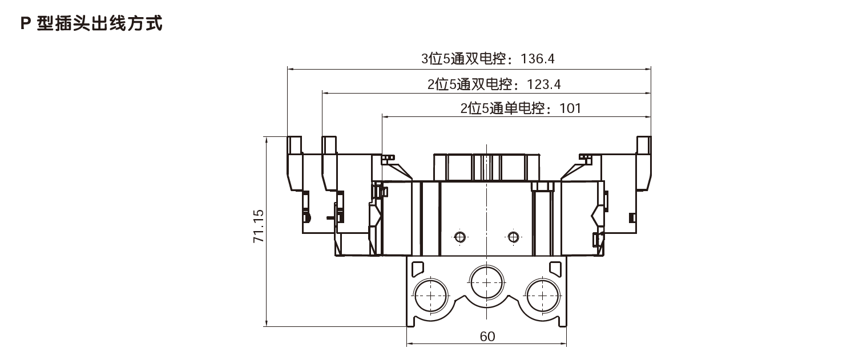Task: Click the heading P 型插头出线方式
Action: point(91,24)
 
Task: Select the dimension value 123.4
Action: point(543,85)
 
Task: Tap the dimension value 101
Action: point(570,108)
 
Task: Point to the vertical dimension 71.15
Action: point(258,226)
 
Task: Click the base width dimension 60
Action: point(487,337)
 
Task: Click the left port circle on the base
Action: point(431,294)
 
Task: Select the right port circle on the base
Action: point(542,294)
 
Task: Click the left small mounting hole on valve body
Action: point(459,237)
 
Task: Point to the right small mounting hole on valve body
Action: point(513,237)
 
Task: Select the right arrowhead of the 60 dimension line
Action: point(565,345)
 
